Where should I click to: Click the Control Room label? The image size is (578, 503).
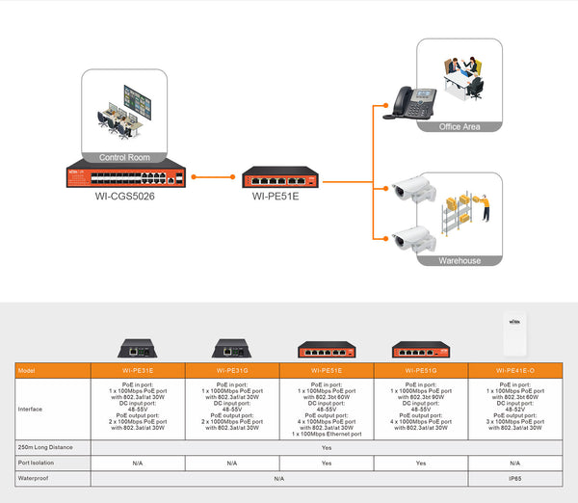tap(125, 156)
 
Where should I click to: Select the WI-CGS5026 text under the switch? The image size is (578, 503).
tap(125, 196)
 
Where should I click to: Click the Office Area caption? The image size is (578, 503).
tap(459, 126)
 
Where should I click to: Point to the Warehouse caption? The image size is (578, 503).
tap(459, 260)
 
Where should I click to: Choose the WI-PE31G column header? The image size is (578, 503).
tap(232, 370)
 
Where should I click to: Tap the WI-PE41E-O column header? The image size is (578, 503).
tap(514, 370)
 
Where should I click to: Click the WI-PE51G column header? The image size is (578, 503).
tap(420, 370)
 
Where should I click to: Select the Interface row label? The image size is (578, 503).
tap(32, 409)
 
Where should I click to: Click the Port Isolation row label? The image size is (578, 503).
tap(37, 463)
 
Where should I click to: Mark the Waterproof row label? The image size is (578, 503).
tap(34, 477)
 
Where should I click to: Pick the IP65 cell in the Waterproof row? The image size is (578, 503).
tap(514, 477)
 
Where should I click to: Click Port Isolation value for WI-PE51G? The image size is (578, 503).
tap(420, 463)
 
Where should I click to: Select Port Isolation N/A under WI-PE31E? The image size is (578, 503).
tap(138, 463)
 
